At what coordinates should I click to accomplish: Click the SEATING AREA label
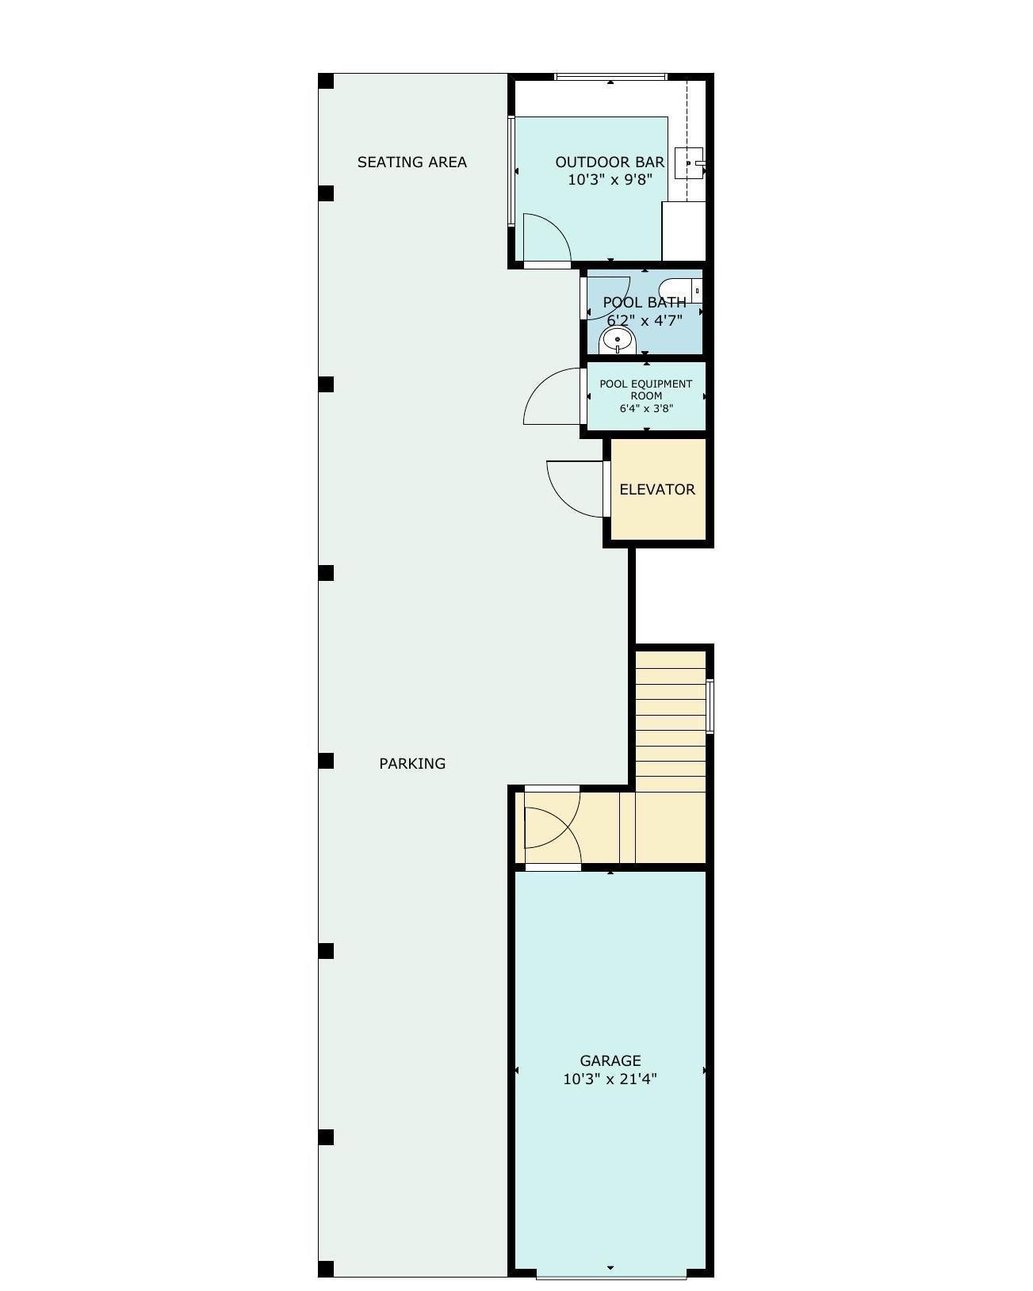[411, 162]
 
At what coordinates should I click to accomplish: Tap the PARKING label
[411, 763]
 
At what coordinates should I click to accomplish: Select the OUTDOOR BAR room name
[610, 162]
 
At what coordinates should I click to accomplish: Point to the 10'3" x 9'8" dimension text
[610, 180]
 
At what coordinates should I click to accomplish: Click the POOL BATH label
[645, 302]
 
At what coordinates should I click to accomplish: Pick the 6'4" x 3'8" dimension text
[646, 409]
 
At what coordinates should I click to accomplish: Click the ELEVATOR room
[657, 489]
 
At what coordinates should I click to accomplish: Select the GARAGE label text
[610, 1060]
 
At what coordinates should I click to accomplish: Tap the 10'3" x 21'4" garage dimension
[610, 1079]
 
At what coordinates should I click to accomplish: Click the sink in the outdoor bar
[688, 163]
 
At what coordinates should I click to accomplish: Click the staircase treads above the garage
[670, 721]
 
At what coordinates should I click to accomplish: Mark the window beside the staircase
[710, 706]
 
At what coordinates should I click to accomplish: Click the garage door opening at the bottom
[610, 1274]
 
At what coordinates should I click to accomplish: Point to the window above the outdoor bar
[610, 77]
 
